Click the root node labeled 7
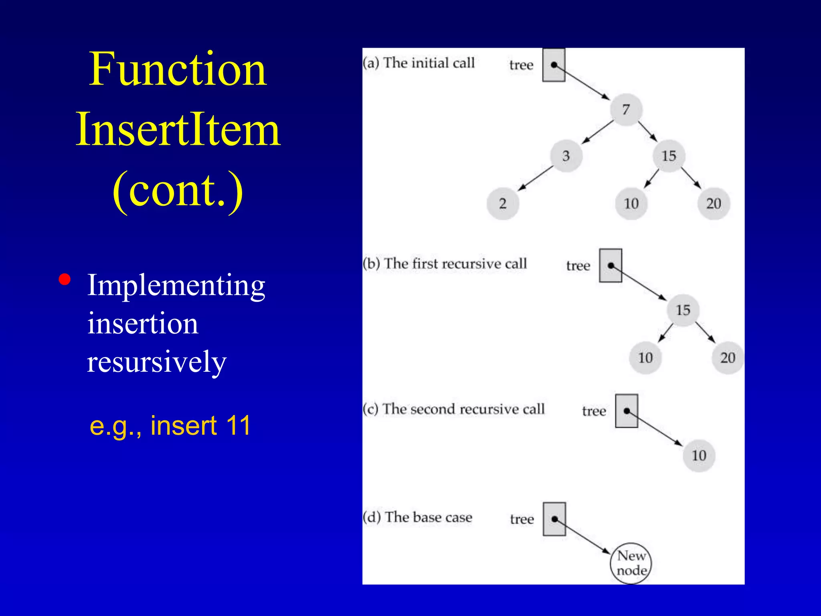tap(626, 109)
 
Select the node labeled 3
tap(566, 156)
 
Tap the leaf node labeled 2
tap(503, 203)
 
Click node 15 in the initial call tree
tap(669, 156)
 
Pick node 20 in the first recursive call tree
tap(728, 357)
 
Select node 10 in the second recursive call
tap(699, 455)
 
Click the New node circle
tap(631, 563)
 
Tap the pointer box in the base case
tap(554, 519)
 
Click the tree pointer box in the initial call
tap(554, 65)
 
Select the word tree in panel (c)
tap(594, 411)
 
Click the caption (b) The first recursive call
tap(445, 264)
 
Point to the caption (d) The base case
tap(418, 517)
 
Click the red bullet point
tap(65, 279)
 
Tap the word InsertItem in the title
tap(178, 130)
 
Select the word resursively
tap(157, 361)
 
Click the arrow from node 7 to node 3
tap(597, 132)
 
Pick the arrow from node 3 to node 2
tap(535, 178)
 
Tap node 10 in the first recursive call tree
tap(645, 357)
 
